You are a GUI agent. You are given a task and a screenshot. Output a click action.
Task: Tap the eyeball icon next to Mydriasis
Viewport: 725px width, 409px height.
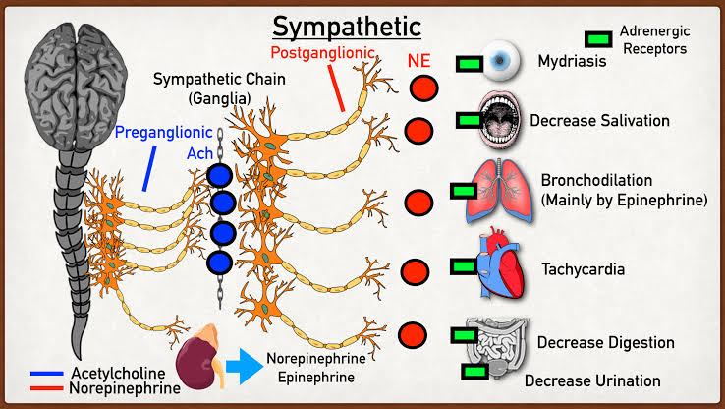tap(503, 62)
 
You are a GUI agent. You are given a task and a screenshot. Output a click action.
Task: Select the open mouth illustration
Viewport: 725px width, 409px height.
tap(502, 119)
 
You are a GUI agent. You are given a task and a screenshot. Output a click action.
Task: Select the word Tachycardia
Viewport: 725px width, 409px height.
tap(585, 268)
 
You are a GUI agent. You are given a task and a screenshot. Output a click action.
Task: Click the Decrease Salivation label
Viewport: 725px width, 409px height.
tap(599, 120)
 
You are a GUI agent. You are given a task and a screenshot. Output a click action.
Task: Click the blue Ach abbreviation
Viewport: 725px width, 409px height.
tap(199, 154)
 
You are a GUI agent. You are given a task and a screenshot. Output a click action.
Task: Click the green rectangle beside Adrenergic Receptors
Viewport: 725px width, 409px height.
tap(596, 38)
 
